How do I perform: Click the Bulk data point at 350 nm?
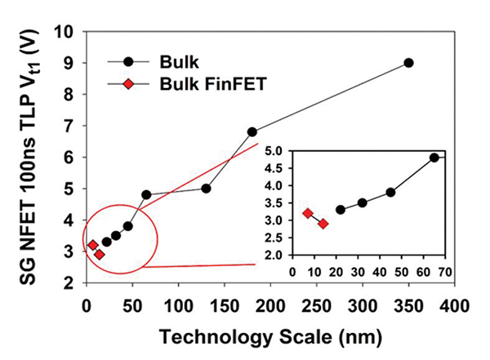click(x=408, y=63)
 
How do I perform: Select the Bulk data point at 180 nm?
click(x=252, y=131)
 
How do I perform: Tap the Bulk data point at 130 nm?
click(x=206, y=189)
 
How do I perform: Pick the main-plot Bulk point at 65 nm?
click(x=146, y=195)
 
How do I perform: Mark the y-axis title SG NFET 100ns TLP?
click(x=24, y=155)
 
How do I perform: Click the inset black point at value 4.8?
click(x=434, y=158)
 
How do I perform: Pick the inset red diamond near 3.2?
click(x=308, y=214)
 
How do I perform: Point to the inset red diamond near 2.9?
click(x=323, y=224)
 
